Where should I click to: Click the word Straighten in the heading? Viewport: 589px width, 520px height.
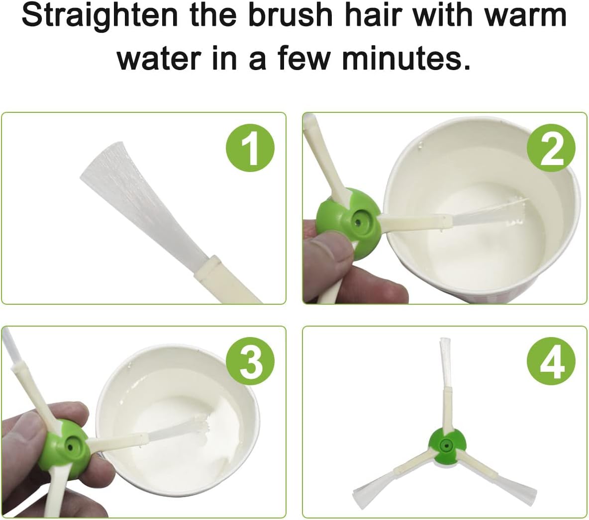click(x=99, y=17)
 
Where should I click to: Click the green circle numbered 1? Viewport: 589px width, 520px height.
click(x=250, y=148)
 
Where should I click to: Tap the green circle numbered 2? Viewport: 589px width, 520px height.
click(x=551, y=148)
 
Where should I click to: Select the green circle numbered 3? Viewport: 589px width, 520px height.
click(x=250, y=361)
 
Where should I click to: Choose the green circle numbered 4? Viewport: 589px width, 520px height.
click(x=551, y=361)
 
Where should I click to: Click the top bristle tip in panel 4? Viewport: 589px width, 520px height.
click(x=445, y=340)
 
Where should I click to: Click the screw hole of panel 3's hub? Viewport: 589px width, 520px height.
click(x=70, y=447)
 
